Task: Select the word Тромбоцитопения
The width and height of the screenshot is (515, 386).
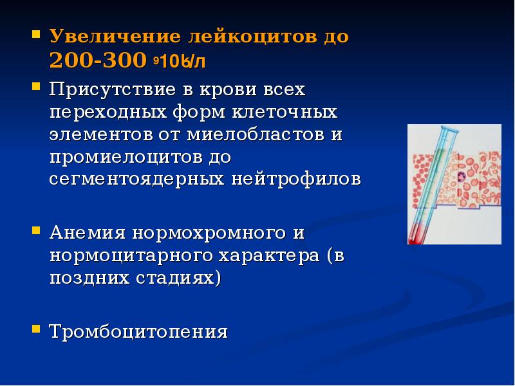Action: pos(139,332)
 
